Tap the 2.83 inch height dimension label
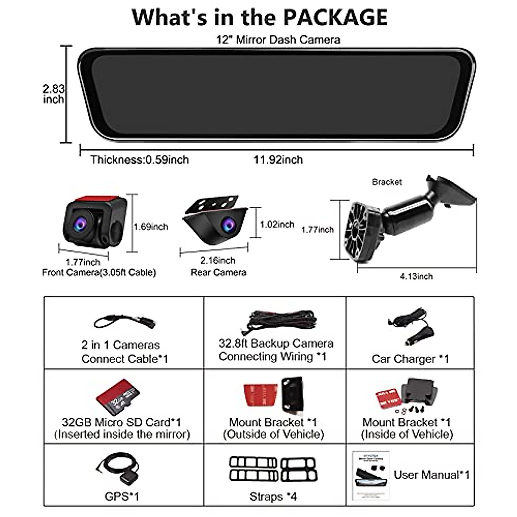pos(53,94)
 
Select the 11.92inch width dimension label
pos(278,160)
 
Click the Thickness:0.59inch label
pos(140,160)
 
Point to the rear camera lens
pos(227,224)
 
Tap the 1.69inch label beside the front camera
pos(150,227)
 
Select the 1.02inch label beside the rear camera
pos(277,224)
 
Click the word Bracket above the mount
pos(386,182)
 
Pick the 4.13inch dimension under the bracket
pos(416,276)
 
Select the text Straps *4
pos(273,497)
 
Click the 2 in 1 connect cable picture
pos(125,322)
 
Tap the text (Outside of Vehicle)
pos(273,434)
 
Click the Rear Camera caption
pos(218,272)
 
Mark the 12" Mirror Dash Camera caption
pos(278,40)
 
